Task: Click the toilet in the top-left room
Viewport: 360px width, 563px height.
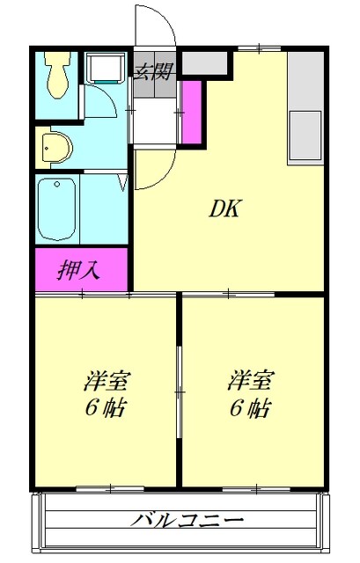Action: tap(60, 75)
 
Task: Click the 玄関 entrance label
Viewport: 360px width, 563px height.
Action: tap(152, 71)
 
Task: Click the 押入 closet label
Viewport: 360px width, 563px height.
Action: tap(80, 269)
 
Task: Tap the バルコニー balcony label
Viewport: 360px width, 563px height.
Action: tap(187, 519)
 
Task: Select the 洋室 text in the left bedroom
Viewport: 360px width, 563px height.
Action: tap(107, 382)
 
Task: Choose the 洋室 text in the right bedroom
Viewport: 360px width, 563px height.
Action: tap(251, 382)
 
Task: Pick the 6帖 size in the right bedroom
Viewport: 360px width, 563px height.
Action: tap(251, 408)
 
